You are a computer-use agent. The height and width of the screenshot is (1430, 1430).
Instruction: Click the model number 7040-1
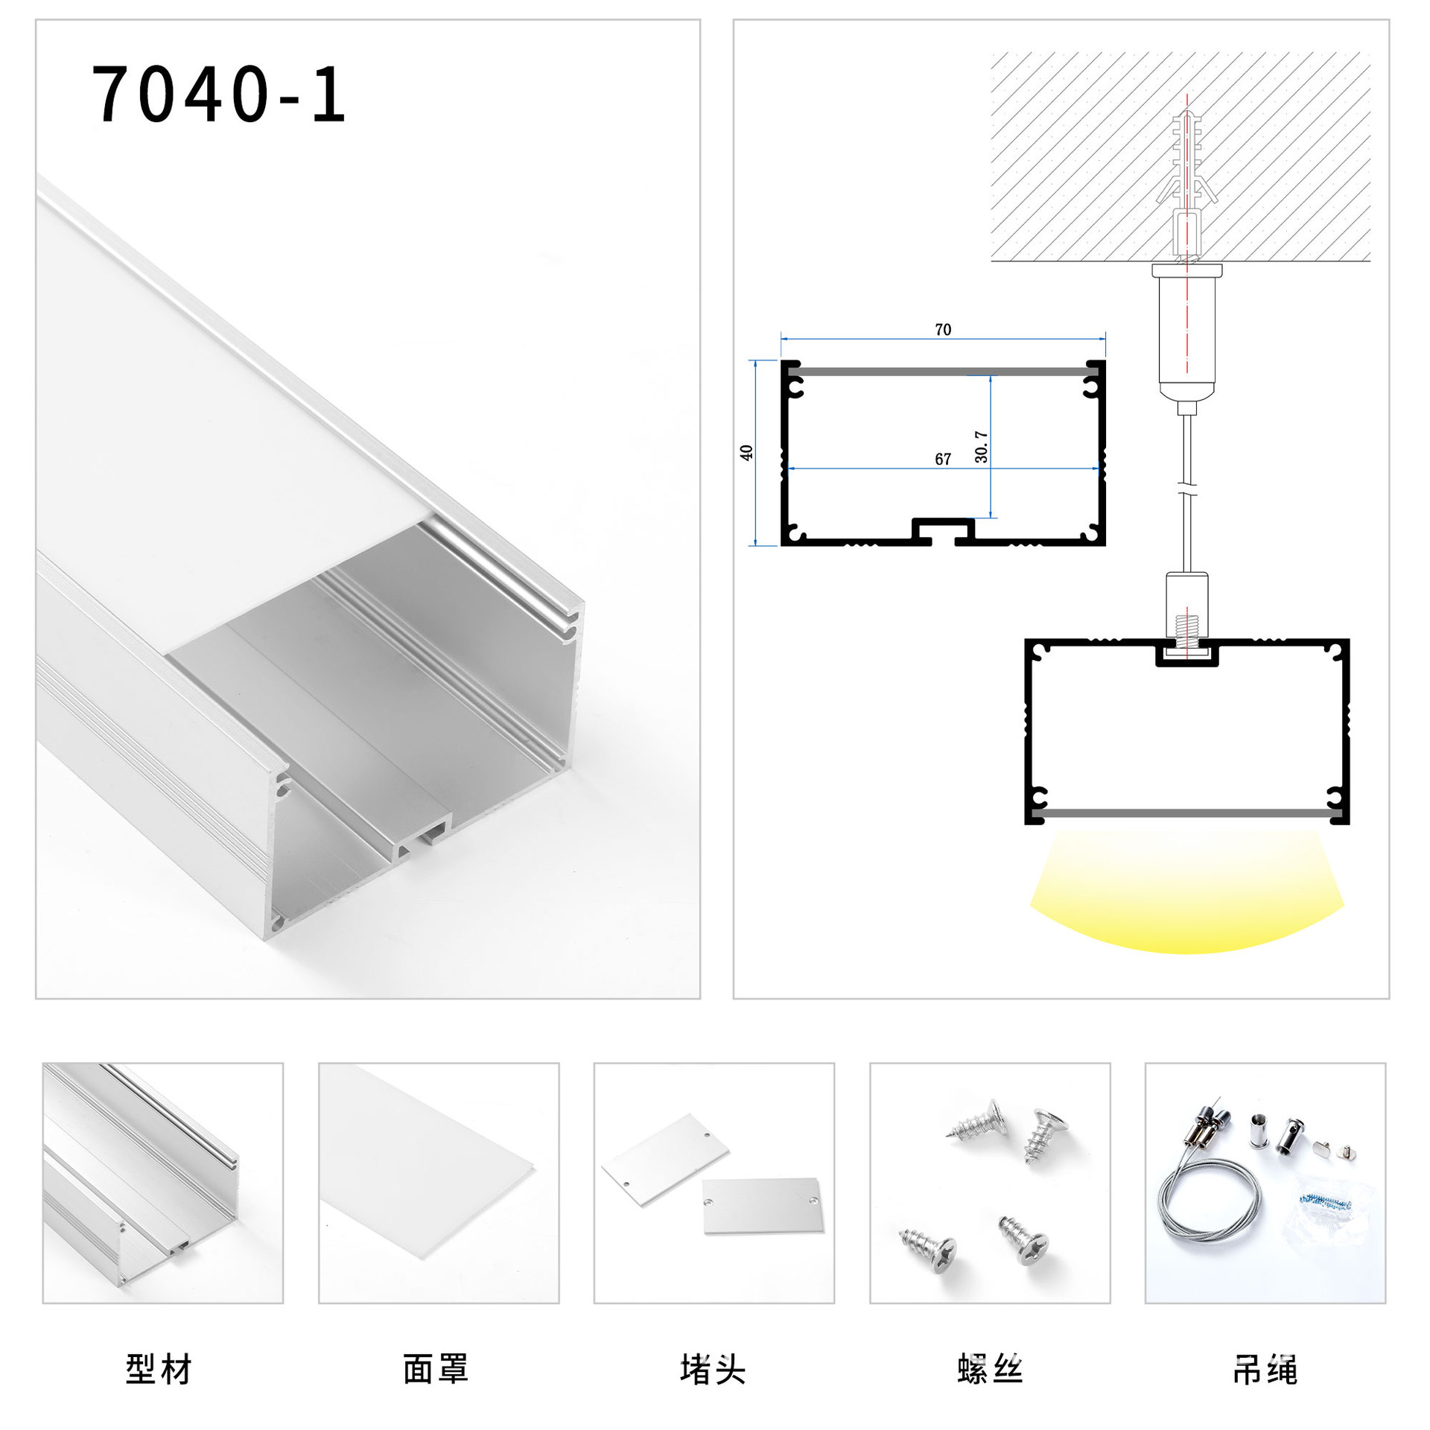coord(218,95)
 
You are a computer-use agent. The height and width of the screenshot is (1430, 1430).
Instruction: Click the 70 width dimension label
coord(942,329)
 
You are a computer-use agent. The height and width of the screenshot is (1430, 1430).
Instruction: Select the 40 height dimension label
coord(746,452)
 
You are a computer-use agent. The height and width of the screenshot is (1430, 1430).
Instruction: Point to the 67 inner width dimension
coord(942,459)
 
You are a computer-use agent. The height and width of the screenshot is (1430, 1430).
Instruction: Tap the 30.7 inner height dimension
coord(982,446)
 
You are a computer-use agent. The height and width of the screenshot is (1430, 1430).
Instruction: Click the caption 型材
coord(159,1369)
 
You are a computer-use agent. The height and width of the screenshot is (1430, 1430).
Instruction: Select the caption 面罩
coord(436,1369)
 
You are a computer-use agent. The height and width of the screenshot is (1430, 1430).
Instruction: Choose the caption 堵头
coord(713,1369)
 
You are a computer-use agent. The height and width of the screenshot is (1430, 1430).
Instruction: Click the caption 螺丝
coord(990,1369)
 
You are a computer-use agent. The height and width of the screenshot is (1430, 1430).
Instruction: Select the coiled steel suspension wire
coord(1207,1210)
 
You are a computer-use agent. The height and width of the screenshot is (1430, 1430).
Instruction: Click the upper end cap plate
coord(665,1158)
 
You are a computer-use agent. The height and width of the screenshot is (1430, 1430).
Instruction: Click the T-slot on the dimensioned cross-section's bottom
coord(943,530)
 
